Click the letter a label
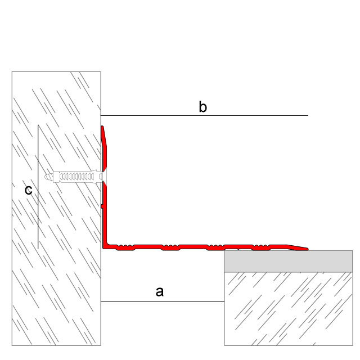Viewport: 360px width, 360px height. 160,292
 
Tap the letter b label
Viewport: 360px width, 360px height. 202,107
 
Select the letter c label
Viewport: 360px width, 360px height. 29,190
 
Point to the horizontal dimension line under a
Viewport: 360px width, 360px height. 163,301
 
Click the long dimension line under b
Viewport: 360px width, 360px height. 204,115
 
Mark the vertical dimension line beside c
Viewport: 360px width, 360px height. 38,187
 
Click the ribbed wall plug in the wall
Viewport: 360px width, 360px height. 74,176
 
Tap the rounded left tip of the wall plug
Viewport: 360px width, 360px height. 46,177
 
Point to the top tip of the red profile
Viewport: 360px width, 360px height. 102,127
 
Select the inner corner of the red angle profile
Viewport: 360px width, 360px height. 107,244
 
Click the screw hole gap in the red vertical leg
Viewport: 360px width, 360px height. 105,176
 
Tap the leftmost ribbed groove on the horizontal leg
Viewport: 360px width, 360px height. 125,247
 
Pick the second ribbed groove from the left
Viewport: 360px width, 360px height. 170,247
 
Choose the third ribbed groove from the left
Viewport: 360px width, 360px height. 215,247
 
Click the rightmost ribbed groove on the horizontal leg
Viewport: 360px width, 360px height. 261,247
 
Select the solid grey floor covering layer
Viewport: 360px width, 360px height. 289,261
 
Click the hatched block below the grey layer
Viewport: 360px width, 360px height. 289,309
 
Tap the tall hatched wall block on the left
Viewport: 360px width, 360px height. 56,209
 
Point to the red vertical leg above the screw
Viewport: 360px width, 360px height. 104,147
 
